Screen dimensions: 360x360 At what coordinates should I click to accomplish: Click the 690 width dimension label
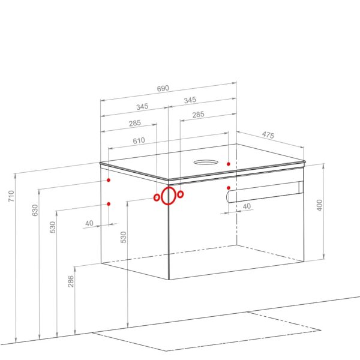[x=163, y=88]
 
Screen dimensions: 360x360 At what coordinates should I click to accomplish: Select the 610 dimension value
[x=139, y=140]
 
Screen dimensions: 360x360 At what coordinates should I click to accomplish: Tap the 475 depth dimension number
[x=268, y=135]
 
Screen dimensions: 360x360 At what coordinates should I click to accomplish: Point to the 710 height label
[x=11, y=196]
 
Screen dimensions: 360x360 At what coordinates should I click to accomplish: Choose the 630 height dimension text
[x=35, y=210]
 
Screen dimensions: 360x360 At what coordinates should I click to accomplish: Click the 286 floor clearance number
[x=71, y=281]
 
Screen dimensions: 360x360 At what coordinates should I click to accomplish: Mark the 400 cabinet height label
[x=319, y=205]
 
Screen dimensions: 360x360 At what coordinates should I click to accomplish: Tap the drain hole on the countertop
[x=205, y=163]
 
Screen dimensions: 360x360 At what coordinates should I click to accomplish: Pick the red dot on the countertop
[x=228, y=164]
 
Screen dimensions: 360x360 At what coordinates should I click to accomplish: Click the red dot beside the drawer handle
[x=229, y=188]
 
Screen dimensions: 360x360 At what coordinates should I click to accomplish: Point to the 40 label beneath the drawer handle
[x=247, y=206]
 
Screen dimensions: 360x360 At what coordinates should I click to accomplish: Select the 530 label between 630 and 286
[x=53, y=227]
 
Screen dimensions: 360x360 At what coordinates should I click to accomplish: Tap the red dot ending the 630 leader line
[x=109, y=180]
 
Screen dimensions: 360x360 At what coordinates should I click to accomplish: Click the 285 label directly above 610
[x=135, y=123]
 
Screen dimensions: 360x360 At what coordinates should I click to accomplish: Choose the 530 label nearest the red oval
[x=123, y=237]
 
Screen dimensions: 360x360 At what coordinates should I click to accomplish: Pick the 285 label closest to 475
[x=198, y=115]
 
